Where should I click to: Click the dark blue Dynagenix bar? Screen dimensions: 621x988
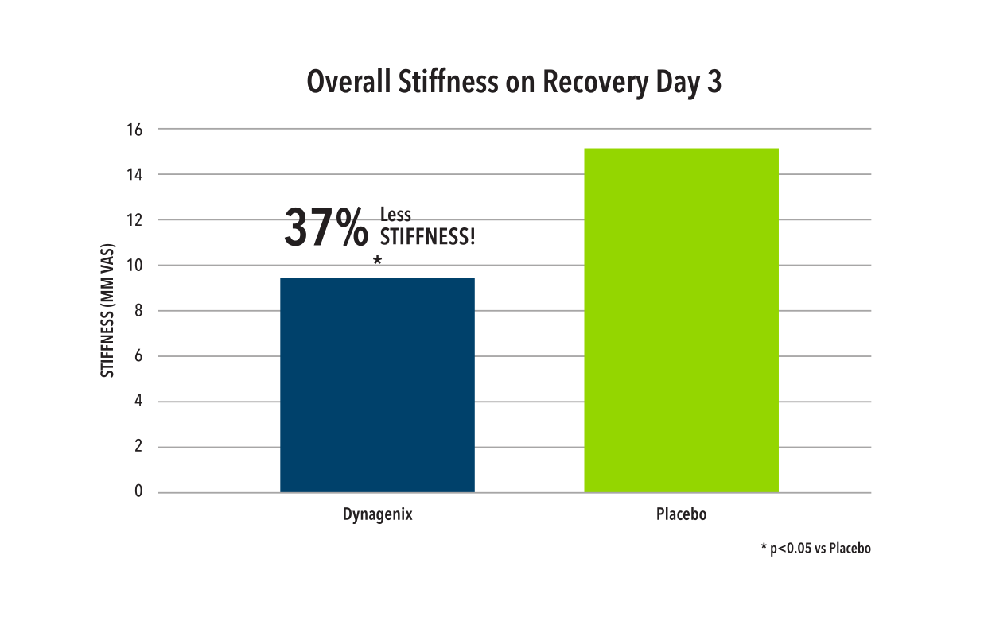[377, 385]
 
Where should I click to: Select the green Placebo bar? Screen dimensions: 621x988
[681, 320]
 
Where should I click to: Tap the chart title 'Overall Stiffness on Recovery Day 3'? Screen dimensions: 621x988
[514, 83]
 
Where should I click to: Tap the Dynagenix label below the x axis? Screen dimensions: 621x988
[377, 514]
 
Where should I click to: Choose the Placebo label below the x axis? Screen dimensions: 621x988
[681, 514]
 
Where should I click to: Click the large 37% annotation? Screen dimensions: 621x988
[326, 228]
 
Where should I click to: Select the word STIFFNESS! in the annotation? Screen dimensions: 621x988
[427, 237]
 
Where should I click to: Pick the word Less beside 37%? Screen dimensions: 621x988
[395, 215]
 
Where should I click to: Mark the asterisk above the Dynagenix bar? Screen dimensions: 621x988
[377, 261]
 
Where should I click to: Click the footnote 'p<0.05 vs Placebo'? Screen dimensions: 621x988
[815, 549]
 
